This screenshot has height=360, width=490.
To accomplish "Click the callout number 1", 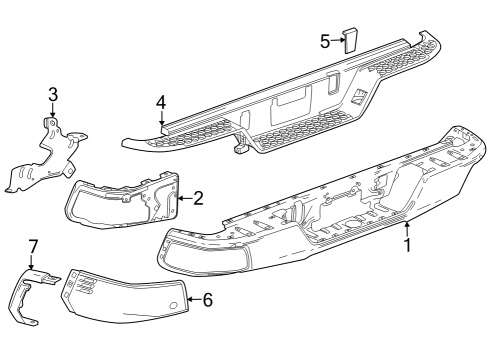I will (x=408, y=243).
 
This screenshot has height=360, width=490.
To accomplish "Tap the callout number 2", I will (x=198, y=198).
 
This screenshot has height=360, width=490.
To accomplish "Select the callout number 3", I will (x=53, y=96).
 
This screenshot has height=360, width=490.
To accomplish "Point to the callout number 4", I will (x=160, y=102).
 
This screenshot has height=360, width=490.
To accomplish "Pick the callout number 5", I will (x=325, y=41).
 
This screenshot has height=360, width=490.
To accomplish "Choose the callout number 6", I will (x=208, y=299).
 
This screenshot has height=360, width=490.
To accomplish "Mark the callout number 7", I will (x=32, y=246).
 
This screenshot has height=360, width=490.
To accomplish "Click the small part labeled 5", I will (x=352, y=39).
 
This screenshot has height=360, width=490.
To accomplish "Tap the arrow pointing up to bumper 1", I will (x=408, y=229).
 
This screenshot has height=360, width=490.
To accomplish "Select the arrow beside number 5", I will (x=337, y=41).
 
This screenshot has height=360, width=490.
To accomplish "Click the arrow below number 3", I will (x=53, y=112).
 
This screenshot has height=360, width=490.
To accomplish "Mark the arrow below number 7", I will (x=32, y=262).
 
